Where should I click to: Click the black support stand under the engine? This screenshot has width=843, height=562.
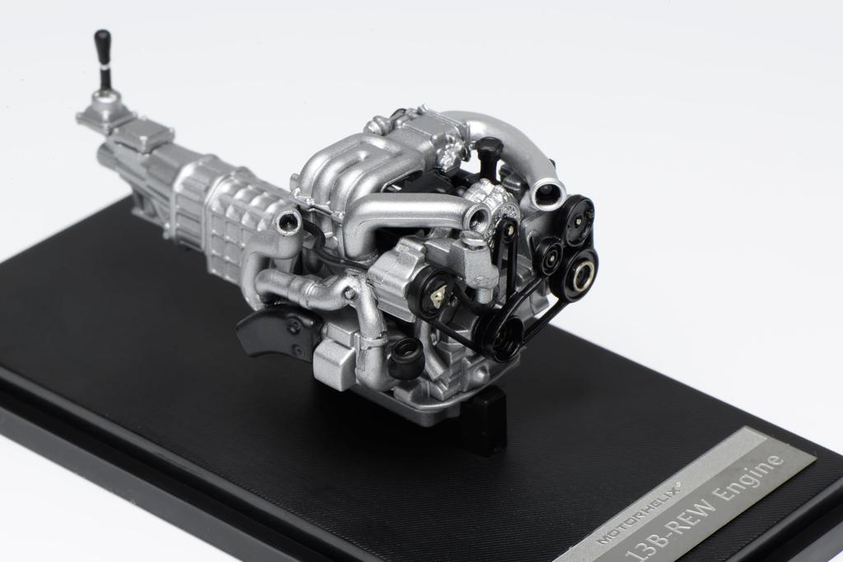point(486,420)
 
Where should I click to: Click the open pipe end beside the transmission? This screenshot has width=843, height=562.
point(288,221)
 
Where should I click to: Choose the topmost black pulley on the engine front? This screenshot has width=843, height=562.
point(579,215)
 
